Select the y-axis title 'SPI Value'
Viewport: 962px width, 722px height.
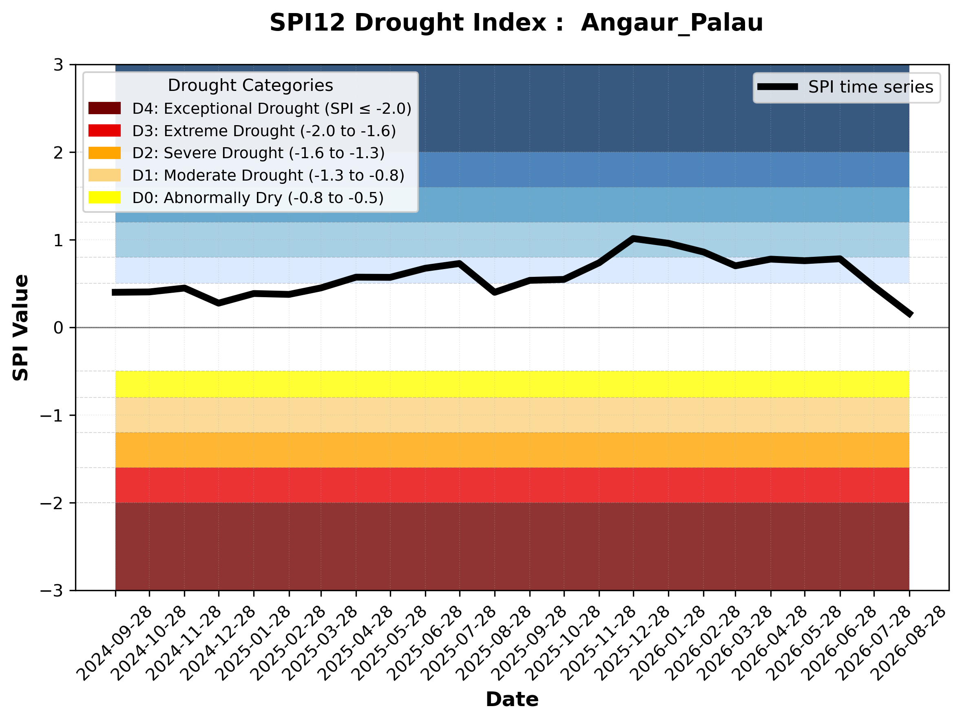click(20, 328)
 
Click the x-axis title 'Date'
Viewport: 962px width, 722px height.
click(512, 700)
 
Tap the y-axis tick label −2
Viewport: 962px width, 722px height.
click(52, 503)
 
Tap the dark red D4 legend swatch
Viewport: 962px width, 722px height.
click(104, 108)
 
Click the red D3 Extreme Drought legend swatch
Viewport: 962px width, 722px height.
click(104, 130)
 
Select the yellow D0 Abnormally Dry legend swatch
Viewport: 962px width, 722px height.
click(104, 197)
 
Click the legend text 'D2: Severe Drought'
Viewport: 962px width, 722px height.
click(208, 153)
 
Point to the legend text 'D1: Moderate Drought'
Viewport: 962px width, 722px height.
click(218, 175)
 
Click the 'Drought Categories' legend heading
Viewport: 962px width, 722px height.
click(250, 85)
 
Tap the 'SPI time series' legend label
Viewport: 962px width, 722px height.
click(871, 87)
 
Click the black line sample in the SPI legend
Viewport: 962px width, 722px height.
click(778, 87)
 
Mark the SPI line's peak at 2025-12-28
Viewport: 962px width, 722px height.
click(633, 238)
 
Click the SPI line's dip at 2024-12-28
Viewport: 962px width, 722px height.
click(218, 303)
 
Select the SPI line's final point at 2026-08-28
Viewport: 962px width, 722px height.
click(909, 314)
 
